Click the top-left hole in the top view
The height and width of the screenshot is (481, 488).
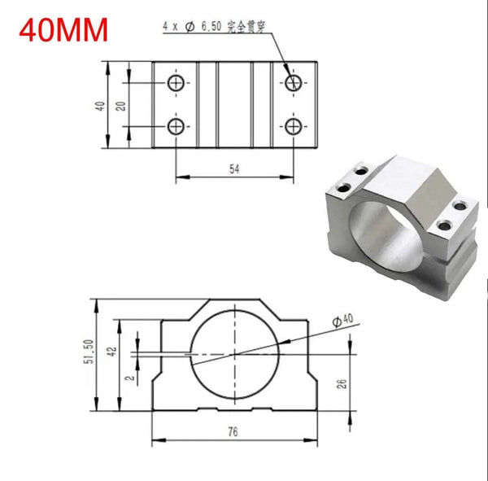tap(176, 82)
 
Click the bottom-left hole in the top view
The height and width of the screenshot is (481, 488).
tap(176, 125)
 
